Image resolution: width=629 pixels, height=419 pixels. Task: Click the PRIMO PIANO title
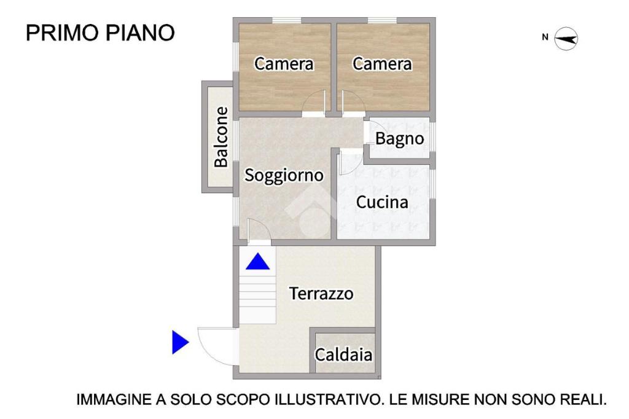(x=100, y=33)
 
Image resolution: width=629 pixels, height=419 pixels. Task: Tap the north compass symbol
(x=566, y=39)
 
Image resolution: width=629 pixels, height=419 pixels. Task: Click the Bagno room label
(x=399, y=138)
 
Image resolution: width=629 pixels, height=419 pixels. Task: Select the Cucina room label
(x=382, y=202)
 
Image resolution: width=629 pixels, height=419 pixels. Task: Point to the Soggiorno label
(x=284, y=175)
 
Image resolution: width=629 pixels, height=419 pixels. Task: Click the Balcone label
(x=221, y=137)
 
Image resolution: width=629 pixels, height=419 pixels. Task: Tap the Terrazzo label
(x=321, y=294)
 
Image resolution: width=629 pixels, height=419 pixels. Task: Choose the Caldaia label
(x=343, y=354)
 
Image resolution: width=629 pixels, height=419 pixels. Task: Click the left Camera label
(x=284, y=64)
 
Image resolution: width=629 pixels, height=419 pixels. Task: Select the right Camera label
(x=382, y=64)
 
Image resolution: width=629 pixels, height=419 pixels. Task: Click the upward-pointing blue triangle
(x=257, y=261)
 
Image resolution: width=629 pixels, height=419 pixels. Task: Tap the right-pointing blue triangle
(x=181, y=342)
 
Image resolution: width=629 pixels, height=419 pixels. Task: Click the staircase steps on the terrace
(x=257, y=299)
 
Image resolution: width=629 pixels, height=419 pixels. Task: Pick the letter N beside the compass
(x=545, y=37)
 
